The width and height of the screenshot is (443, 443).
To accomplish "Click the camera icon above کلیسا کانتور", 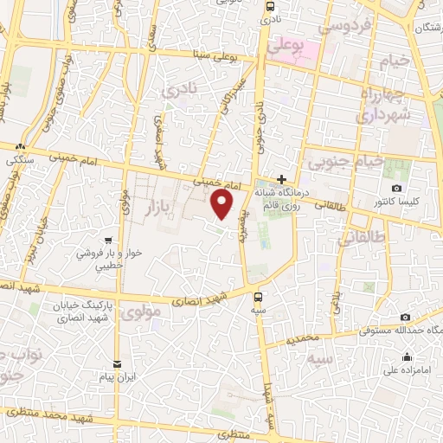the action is (396, 189).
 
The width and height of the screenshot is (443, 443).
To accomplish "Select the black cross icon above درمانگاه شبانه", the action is (281, 177).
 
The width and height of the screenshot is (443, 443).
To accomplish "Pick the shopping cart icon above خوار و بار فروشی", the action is (107, 241).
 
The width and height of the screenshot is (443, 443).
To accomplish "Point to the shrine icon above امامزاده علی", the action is (406, 356).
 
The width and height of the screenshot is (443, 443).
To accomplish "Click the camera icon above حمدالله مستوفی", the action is (405, 318).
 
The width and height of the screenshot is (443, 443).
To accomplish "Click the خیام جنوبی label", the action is (330, 160).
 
